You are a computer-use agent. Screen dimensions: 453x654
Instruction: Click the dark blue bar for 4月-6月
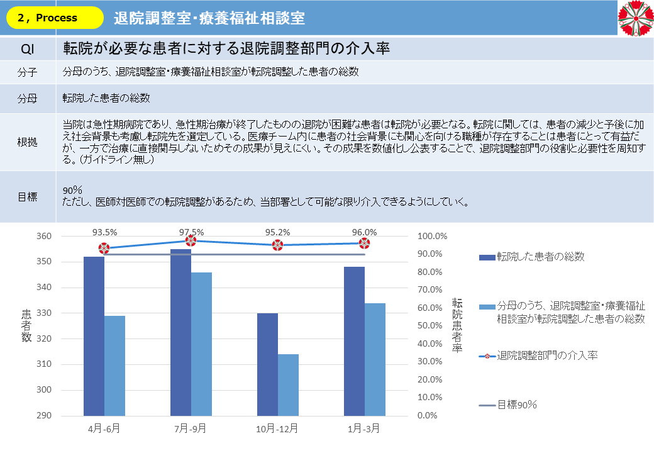coord(94,336)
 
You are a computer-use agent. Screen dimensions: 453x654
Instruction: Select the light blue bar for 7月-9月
coord(201,344)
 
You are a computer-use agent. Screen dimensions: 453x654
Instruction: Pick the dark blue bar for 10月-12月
coord(267,364)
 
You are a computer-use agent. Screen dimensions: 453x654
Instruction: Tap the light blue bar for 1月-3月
coord(375,359)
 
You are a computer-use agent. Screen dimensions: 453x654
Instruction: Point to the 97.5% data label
coord(191,232)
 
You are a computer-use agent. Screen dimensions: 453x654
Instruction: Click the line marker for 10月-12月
coord(277,245)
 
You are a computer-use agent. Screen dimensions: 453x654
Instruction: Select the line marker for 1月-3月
coord(364,243)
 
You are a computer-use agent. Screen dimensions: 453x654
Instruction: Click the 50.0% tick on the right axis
coord(432,326)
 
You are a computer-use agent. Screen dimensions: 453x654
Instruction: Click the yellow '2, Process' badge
coord(55,18)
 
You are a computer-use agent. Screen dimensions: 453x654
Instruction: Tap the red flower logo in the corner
coord(636,18)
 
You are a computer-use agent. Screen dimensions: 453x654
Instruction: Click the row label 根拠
coord(28,142)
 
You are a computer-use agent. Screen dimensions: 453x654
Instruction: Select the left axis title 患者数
coord(27,326)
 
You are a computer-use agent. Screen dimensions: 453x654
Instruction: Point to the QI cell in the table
coord(28,48)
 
